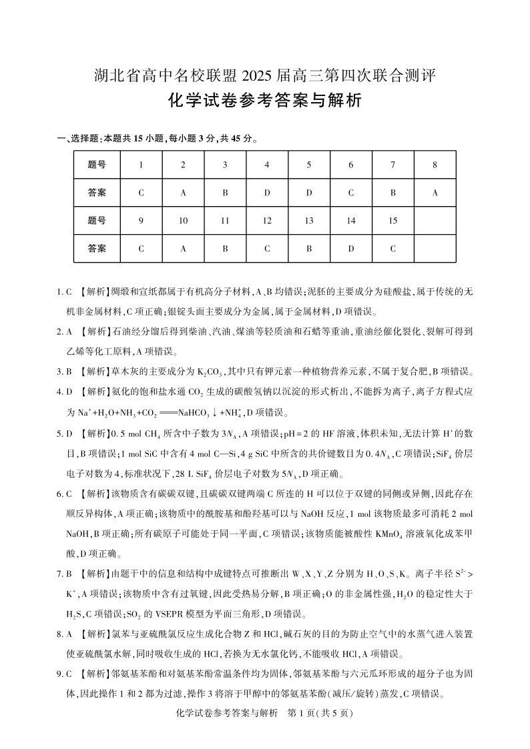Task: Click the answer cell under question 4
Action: [267, 193]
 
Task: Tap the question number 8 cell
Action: [435, 164]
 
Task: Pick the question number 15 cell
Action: [392, 221]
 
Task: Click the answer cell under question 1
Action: [141, 193]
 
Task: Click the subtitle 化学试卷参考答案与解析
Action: [265, 101]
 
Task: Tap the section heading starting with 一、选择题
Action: [158, 139]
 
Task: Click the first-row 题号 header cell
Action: [97, 164]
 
